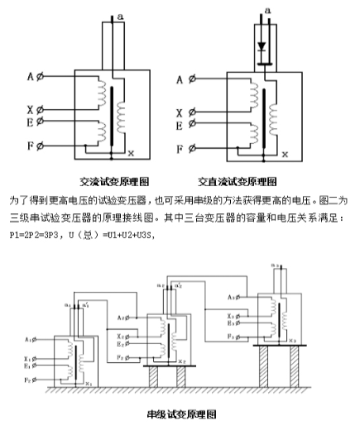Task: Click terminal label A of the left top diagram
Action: coord(30,77)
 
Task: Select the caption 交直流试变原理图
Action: coord(237,180)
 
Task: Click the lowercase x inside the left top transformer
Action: coord(131,153)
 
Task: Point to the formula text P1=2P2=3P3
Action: coord(33,234)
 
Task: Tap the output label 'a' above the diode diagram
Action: coord(265,10)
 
